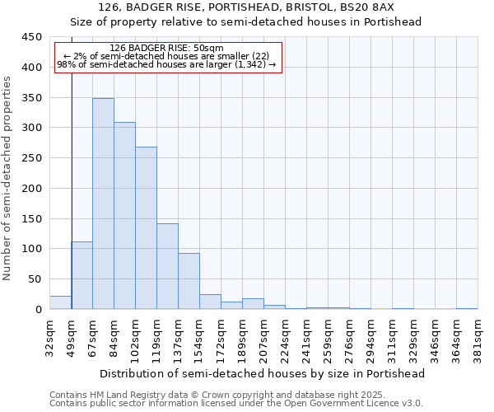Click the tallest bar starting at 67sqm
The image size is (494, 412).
point(103,204)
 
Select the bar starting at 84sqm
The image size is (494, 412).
point(124,216)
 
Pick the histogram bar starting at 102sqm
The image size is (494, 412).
point(146,228)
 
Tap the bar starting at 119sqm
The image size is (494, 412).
point(167,266)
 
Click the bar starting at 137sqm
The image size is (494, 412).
point(189,281)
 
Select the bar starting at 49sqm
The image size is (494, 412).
point(82,275)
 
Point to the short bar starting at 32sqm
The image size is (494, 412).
point(60,302)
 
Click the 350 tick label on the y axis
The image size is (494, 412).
point(31,98)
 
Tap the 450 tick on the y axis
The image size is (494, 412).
point(31,37)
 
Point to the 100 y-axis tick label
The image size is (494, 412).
point(31,249)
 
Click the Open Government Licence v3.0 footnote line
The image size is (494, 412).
point(235,403)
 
